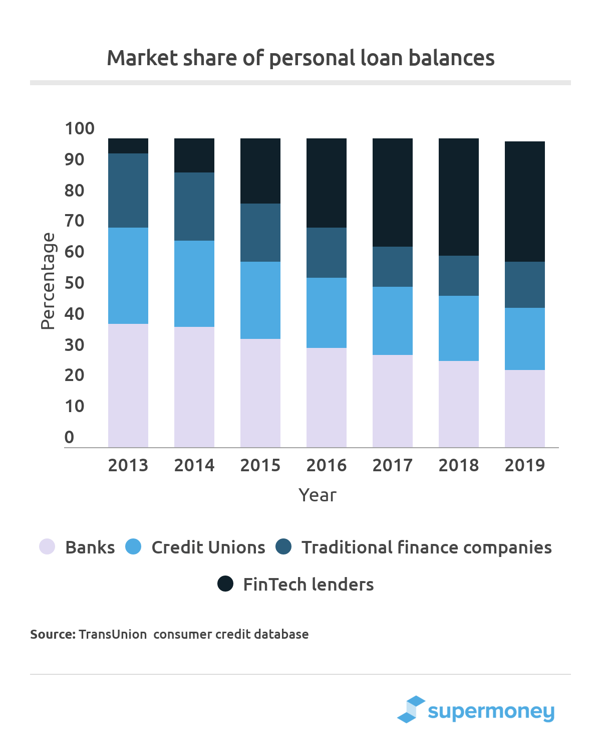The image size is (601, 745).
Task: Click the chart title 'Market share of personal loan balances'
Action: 300,58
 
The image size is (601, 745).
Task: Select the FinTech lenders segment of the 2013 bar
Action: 128,146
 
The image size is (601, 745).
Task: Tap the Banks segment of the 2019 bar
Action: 524,409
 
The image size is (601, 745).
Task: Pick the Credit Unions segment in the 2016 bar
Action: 327,313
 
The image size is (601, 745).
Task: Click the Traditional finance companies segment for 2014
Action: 194,207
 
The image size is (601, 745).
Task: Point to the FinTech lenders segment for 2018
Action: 459,197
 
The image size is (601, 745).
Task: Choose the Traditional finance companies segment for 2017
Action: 393,267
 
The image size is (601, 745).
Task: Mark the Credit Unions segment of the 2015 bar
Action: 260,300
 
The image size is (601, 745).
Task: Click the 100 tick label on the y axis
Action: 80,128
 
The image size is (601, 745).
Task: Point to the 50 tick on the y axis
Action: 75,283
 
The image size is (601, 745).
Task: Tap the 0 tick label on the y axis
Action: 69,437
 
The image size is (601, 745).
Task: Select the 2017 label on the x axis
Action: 393,465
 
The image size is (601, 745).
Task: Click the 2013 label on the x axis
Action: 128,465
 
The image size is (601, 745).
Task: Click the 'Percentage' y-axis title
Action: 48,281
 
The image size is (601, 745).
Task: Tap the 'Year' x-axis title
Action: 318,495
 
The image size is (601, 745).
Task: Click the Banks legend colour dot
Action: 47,546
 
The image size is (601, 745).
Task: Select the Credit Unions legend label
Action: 208,547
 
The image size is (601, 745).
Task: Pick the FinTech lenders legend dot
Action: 225,584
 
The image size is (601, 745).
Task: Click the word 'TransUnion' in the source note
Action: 113,634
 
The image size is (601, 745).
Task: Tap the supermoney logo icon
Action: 411,709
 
